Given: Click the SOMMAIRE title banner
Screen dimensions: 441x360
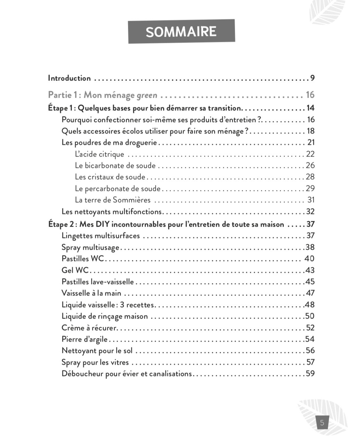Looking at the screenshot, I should pyautogui.click(x=181, y=31).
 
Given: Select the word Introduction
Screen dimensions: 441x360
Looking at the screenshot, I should pyautogui.click(x=69, y=78).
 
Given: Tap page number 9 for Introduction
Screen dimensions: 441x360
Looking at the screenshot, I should pyautogui.click(x=312, y=78).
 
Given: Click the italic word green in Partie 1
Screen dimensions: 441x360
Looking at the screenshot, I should pyautogui.click(x=147, y=95).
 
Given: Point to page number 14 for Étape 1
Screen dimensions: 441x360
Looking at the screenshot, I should pyautogui.click(x=310, y=108).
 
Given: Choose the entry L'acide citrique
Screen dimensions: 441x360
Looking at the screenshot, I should pyautogui.click(x=99, y=154).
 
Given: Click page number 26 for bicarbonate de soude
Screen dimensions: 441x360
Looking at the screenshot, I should pyautogui.click(x=310, y=165).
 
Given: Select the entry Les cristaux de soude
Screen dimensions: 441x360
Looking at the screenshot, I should pyautogui.click(x=110, y=177).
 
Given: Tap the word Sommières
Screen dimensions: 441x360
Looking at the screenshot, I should pyautogui.click(x=132, y=200).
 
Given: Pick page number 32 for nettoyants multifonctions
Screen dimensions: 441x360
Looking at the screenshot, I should pyautogui.click(x=310, y=212).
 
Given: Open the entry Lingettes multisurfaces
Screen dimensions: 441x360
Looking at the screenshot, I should pyautogui.click(x=101, y=236).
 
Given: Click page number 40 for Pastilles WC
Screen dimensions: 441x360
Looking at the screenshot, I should pyautogui.click(x=309, y=259).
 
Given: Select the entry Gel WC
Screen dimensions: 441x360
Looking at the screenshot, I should pyautogui.click(x=75, y=270).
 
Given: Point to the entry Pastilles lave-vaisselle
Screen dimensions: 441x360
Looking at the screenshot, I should pyautogui.click(x=97, y=282).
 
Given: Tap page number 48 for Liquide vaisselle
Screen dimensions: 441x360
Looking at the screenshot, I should pyautogui.click(x=310, y=305).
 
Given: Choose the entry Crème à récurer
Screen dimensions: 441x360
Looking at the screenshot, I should pyautogui.click(x=89, y=328).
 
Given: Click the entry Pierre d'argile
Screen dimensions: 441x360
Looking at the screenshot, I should pyautogui.click(x=84, y=339).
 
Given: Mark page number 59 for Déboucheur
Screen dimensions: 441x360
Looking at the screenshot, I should pyautogui.click(x=310, y=373).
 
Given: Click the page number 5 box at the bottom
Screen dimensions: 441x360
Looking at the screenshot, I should pyautogui.click(x=322, y=422).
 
